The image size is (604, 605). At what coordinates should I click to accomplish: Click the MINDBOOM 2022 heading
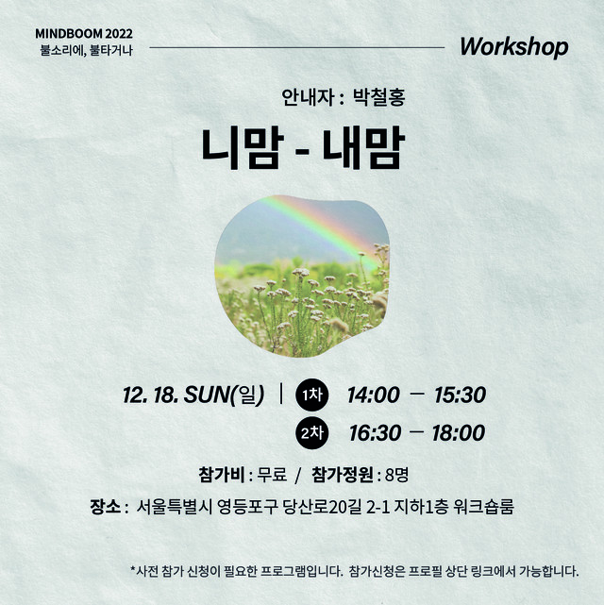pyautogui.click(x=84, y=34)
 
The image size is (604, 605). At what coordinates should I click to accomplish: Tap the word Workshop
pyautogui.click(x=514, y=47)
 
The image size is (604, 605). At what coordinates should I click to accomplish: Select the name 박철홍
pyautogui.click(x=379, y=97)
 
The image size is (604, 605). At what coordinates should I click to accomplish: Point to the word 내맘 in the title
pyautogui.click(x=363, y=148)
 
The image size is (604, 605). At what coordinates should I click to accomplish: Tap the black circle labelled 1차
pyautogui.click(x=312, y=395)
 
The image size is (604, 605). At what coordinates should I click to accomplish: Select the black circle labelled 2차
pyautogui.click(x=312, y=432)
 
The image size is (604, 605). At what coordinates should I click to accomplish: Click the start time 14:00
pyautogui.click(x=373, y=395)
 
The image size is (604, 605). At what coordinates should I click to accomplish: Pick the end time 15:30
pyautogui.click(x=460, y=395)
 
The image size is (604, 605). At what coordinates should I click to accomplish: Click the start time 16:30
pyautogui.click(x=375, y=433)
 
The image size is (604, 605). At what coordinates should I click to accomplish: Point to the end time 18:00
pyautogui.click(x=459, y=433)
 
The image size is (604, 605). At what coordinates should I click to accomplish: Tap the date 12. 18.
pyautogui.click(x=150, y=395)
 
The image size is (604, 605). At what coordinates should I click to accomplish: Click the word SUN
pyautogui.click(x=207, y=395)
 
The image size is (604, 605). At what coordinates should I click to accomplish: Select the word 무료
pyautogui.click(x=273, y=475)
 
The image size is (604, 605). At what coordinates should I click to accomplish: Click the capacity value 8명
pyautogui.click(x=396, y=475)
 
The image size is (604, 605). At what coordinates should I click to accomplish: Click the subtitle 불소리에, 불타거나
pyautogui.click(x=87, y=50)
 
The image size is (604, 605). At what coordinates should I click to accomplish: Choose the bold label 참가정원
pyautogui.click(x=342, y=475)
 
